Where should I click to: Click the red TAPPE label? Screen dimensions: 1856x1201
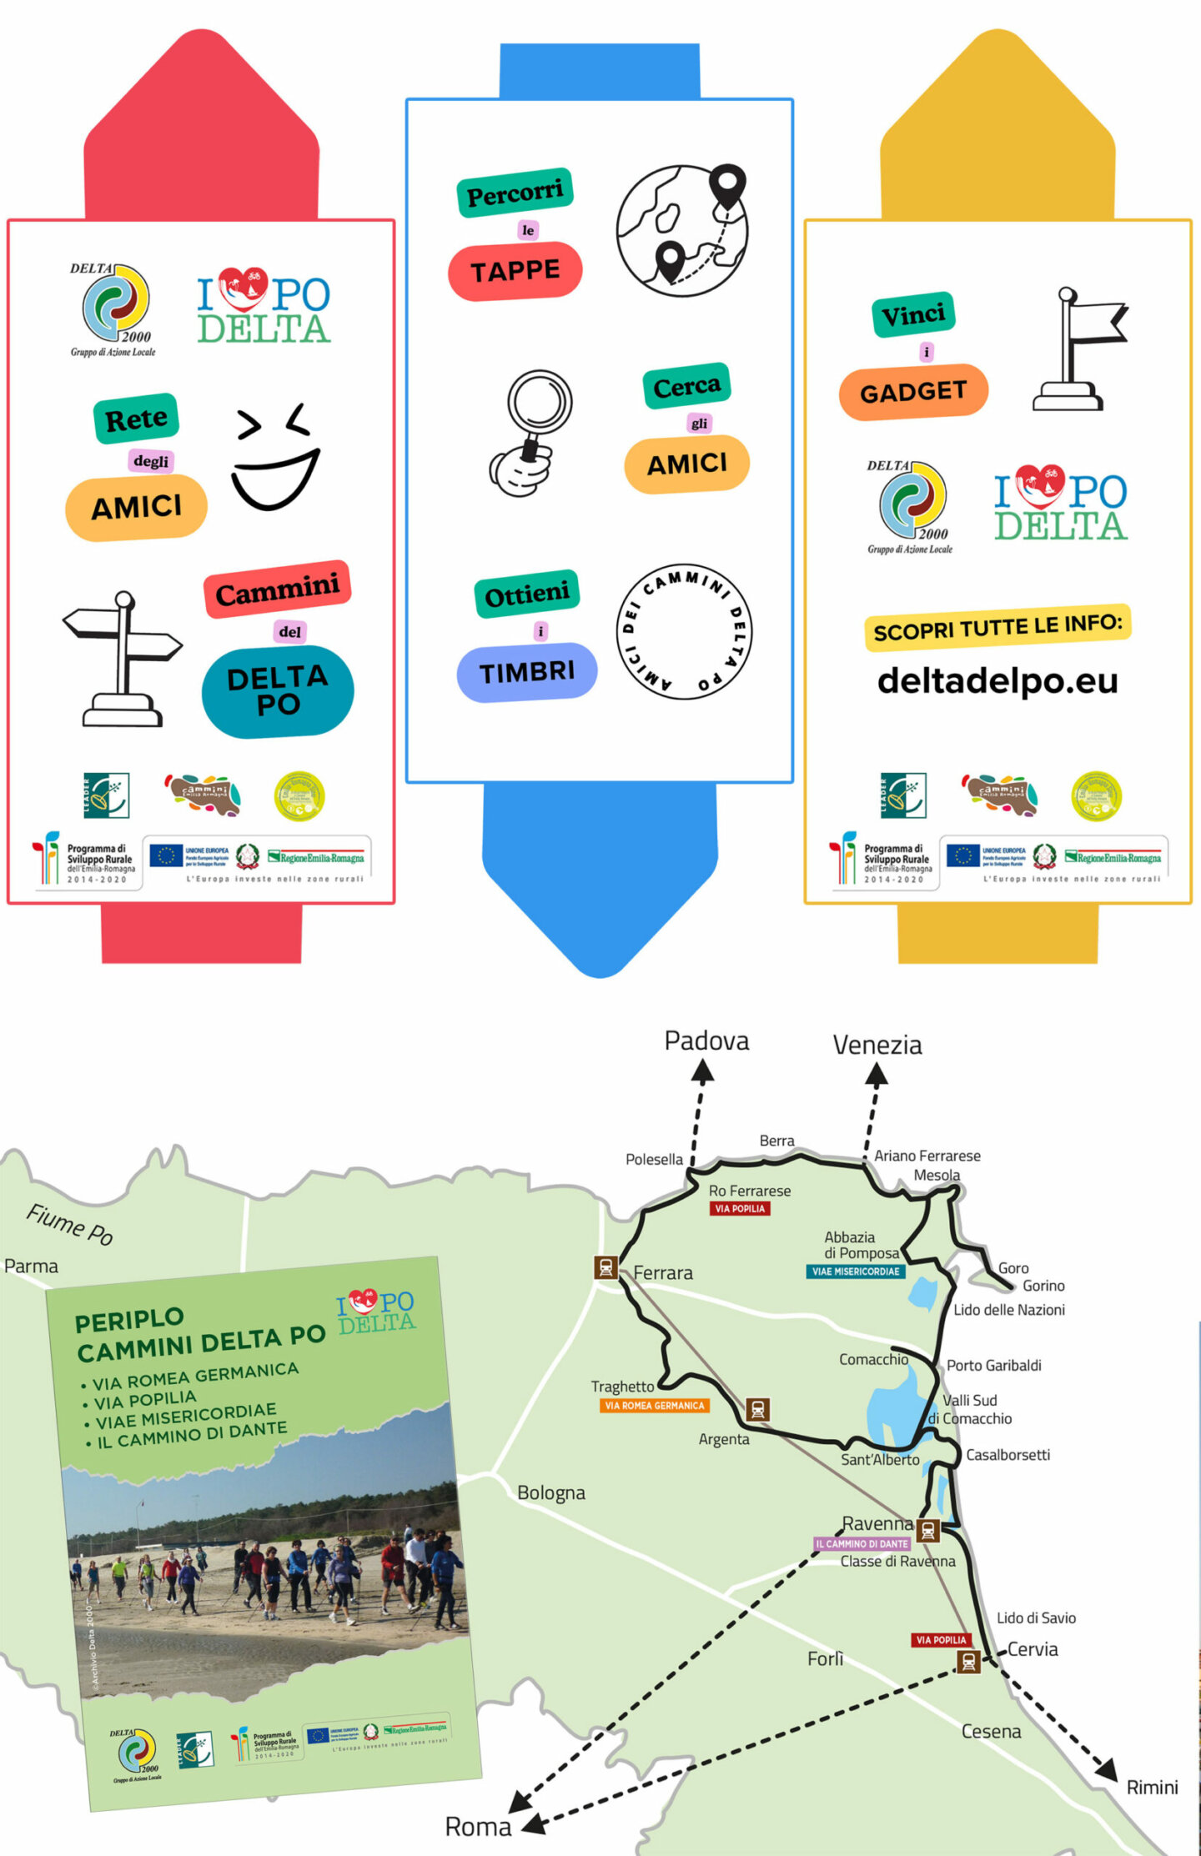coord(515,271)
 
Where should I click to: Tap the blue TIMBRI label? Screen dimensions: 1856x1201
coord(526,672)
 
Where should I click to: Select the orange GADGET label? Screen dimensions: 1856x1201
coord(913,392)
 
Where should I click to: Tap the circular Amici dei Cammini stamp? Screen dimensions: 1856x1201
coord(685,630)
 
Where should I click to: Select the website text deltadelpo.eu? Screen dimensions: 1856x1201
coord(997,680)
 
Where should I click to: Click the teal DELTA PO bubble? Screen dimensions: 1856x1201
coord(278,691)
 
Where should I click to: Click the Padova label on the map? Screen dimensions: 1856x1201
coord(706,1041)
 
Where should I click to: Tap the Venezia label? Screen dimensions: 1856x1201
coord(877,1045)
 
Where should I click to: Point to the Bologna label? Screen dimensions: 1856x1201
coord(550,1492)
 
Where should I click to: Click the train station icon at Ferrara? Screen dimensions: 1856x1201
coord(606,1267)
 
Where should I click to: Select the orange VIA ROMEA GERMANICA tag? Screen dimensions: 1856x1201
coord(655,1406)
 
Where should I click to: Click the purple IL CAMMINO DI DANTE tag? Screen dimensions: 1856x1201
coord(862,1543)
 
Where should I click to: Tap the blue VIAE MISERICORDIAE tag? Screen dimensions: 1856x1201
coord(855,1272)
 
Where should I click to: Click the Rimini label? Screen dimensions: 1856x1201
coord(1152,1787)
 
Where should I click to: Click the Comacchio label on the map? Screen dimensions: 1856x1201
coord(873,1359)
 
